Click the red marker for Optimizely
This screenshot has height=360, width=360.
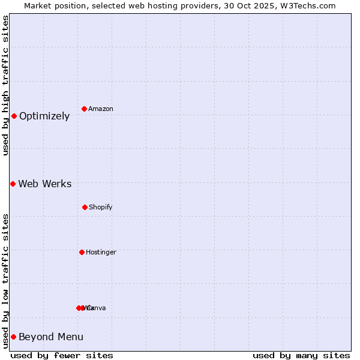14,116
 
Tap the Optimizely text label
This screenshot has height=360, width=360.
44,116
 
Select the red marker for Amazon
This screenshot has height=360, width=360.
85,109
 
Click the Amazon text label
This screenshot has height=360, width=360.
101,109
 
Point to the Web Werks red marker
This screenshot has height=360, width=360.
13,184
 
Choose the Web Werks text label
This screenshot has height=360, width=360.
45,184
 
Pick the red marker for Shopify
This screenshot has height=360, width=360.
85,207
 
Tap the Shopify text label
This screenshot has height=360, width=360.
101,208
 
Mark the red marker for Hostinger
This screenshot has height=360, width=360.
82,252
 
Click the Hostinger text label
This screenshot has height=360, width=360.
101,253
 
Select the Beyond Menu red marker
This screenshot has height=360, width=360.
13,337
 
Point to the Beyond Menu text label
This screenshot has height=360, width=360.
51,337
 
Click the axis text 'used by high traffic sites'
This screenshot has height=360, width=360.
6,85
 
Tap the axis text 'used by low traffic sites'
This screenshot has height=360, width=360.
6,281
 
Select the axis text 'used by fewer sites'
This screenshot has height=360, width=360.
62,355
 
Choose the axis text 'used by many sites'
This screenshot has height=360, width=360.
301,355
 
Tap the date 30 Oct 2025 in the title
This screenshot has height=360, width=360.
247,5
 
